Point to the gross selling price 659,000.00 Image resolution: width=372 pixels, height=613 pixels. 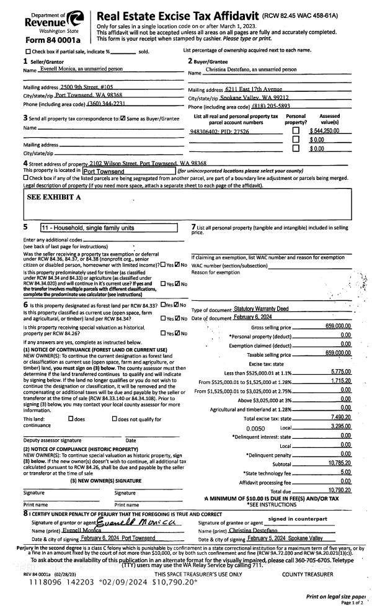click(338, 326)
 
